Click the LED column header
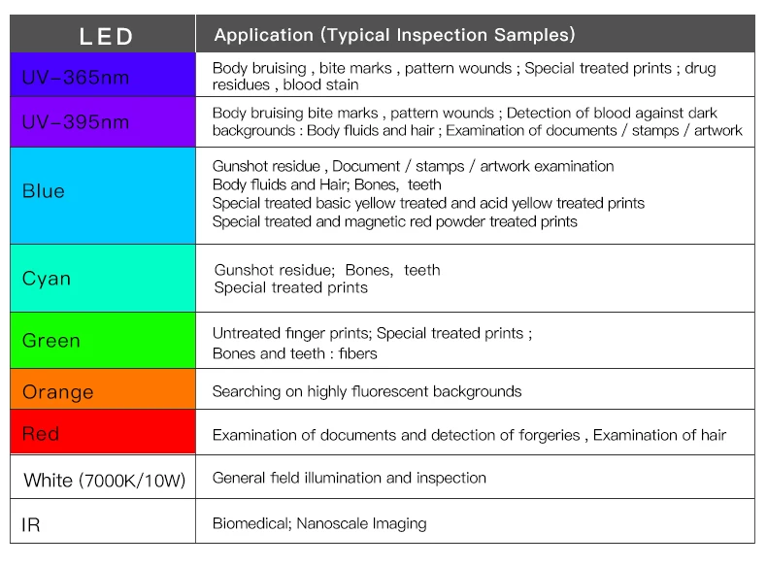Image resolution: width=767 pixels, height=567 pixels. coord(106,37)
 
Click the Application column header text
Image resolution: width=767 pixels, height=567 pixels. coord(394,35)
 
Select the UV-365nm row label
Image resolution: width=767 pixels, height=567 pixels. coord(75,77)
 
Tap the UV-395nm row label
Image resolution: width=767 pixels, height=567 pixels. coord(75,122)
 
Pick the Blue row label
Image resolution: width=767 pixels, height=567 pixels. coord(44,191)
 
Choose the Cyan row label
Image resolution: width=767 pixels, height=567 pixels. coord(47,279)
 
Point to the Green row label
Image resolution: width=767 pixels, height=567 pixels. coord(50,341)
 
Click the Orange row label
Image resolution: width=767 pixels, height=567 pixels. coord(58,392)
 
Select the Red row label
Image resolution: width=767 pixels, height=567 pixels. coord(41,434)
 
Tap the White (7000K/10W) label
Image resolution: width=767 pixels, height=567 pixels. coord(104,481)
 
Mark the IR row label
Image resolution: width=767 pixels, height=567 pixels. coord(31,525)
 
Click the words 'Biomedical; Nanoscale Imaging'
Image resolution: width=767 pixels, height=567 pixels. coord(319,523)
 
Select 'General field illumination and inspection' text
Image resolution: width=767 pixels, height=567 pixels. coord(349,478)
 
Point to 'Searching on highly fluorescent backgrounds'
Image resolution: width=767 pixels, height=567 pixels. coord(367,391)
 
